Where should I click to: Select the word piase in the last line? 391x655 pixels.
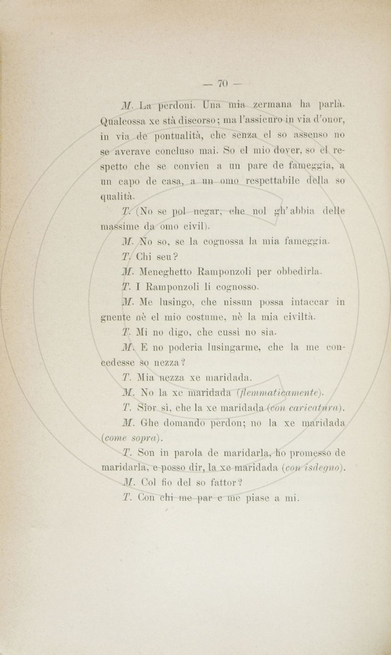tap(255, 498)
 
